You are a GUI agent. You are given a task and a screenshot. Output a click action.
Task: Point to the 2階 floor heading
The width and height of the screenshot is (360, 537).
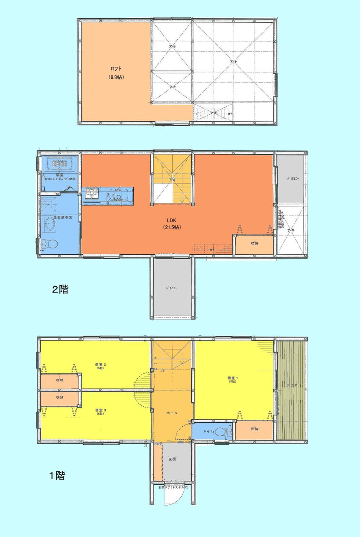click(x=60, y=289)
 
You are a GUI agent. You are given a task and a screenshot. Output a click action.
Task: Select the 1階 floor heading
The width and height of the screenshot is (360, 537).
click(x=57, y=476)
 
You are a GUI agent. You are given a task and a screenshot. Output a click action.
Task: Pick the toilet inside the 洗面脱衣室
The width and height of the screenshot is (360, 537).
click(x=50, y=245)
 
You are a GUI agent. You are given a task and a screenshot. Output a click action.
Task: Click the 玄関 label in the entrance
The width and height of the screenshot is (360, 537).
click(x=172, y=459)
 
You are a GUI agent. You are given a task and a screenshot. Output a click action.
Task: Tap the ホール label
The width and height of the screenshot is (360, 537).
click(x=172, y=413)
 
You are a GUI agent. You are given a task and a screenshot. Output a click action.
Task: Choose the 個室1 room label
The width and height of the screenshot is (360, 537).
click(x=231, y=378)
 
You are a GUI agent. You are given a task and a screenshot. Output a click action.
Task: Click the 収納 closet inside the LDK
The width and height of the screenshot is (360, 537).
click(x=254, y=243)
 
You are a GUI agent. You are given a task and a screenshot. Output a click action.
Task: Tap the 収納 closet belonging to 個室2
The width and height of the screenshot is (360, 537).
click(x=60, y=380)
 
